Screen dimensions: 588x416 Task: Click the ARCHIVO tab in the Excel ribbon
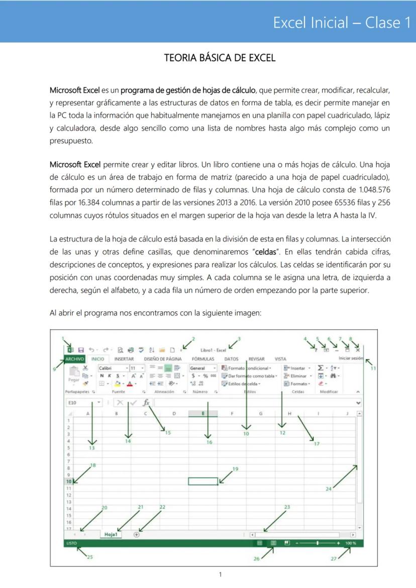tap(74, 359)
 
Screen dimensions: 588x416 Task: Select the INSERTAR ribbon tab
tap(124, 359)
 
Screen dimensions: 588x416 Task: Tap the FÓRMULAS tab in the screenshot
tap(203, 359)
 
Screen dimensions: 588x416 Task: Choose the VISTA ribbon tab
tap(280, 359)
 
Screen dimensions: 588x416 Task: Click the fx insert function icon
tap(146, 403)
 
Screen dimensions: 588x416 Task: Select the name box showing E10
tap(80, 403)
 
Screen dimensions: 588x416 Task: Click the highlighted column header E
tap(203, 414)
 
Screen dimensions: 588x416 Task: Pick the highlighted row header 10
tap(68, 481)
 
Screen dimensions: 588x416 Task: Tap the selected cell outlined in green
tap(203, 481)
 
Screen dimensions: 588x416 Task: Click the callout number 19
tap(236, 469)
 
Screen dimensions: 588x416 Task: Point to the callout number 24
tap(329, 489)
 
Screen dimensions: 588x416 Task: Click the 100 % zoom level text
tap(350, 543)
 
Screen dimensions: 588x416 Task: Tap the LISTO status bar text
tap(71, 543)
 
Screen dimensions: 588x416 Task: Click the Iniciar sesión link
tap(351, 358)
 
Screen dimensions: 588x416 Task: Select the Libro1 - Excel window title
tap(213, 350)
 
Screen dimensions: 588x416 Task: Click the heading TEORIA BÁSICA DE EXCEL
tap(220, 58)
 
